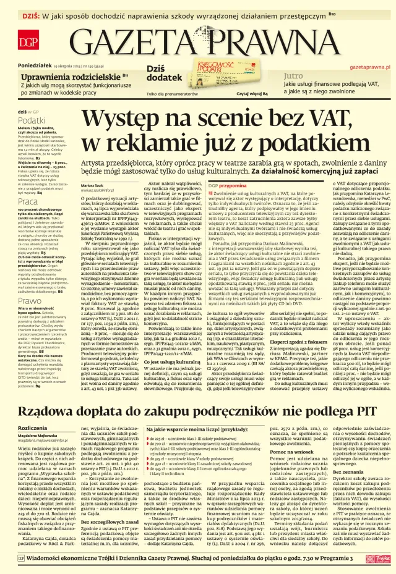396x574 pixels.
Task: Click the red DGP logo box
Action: click(x=27, y=42)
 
